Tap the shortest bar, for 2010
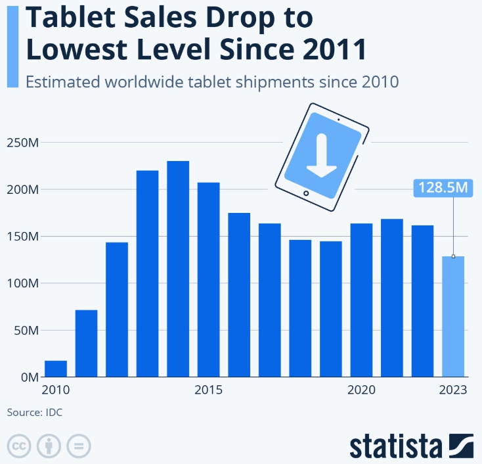tap(56, 369)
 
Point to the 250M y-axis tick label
tap(22, 143)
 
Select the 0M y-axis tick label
tap(28, 377)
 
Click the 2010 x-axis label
tap(56, 390)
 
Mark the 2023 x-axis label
tap(453, 390)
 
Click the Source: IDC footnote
tap(35, 413)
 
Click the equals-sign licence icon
tap(78, 445)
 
